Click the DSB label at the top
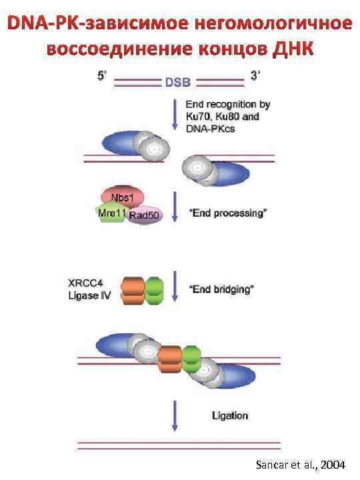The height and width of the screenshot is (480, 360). tap(178, 83)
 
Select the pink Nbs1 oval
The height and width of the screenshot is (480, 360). tap(122, 197)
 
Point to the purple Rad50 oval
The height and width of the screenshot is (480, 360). tap(145, 215)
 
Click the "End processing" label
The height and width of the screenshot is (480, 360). tap(229, 213)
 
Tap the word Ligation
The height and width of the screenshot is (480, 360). tap(229, 415)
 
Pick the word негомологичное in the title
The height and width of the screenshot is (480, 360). tap(268, 24)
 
